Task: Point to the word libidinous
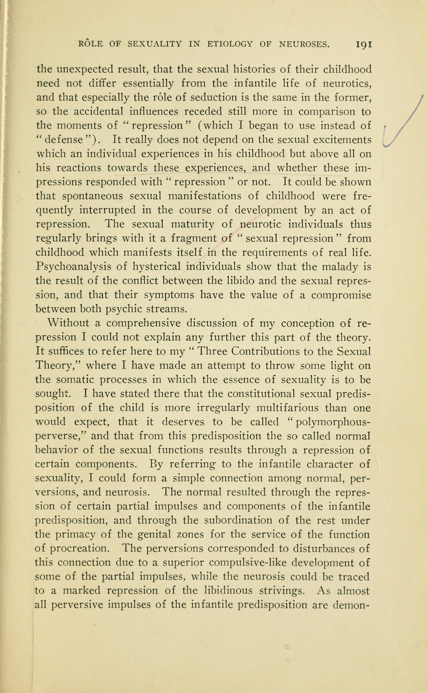click(x=229, y=591)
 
